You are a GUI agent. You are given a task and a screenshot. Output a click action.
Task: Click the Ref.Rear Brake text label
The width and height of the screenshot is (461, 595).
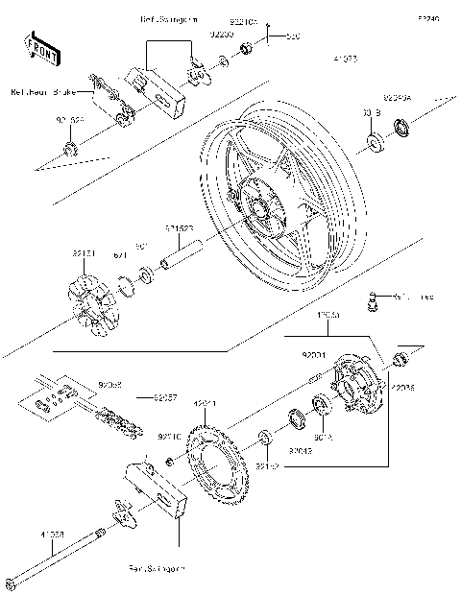click(x=42, y=93)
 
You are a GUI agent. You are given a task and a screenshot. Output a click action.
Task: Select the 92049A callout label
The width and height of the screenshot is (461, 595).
click(x=398, y=97)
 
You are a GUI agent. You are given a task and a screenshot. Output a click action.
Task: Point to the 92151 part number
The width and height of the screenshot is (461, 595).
click(x=85, y=253)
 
